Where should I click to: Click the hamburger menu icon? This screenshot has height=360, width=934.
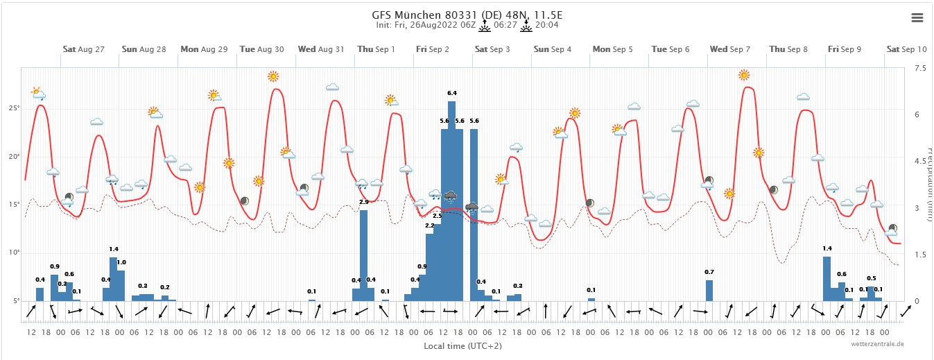point(917,18)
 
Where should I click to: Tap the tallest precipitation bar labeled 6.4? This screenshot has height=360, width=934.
point(451,201)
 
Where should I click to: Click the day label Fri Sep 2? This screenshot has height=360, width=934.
point(433,49)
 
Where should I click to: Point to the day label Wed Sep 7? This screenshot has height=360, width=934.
point(729,49)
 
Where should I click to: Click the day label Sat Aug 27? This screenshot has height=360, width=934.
point(83,49)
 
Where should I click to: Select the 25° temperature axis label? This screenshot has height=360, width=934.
point(14,108)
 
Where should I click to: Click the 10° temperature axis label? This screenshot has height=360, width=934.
point(14,252)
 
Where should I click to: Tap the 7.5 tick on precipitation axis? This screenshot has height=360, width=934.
point(920,68)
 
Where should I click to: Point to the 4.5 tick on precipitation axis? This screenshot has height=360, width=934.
point(920,161)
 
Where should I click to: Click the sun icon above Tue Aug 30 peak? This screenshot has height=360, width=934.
point(273,76)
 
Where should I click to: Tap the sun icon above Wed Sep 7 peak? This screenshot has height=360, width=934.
point(744,75)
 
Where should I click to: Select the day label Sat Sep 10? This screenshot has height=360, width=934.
point(906,49)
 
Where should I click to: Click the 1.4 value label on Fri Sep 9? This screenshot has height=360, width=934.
point(827,248)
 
